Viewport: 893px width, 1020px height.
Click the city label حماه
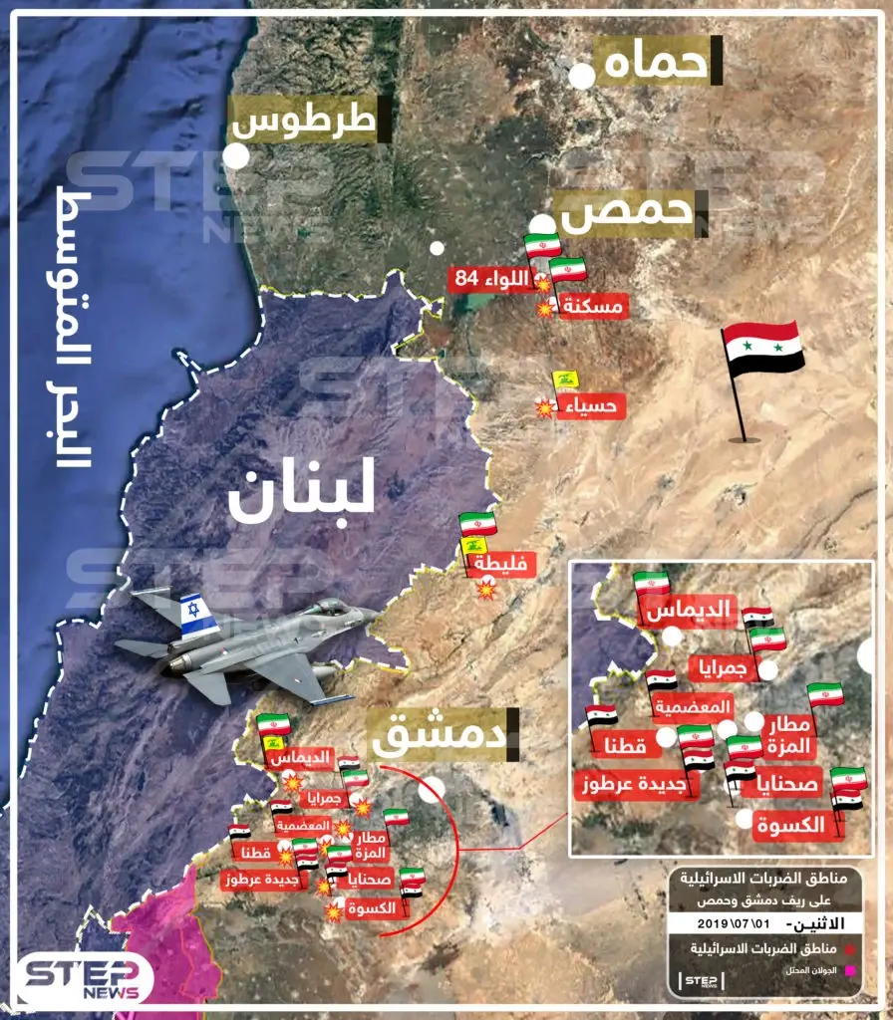(x=658, y=62)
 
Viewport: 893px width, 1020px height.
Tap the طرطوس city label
(x=309, y=121)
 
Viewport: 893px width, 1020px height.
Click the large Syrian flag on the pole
(x=763, y=348)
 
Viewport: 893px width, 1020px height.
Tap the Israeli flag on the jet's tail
(x=197, y=614)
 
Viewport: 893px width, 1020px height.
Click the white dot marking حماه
(x=582, y=76)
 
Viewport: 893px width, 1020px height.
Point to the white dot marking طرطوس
(x=236, y=156)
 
